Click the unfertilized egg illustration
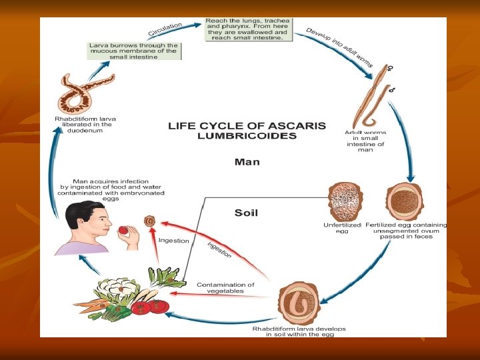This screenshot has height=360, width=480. click(345, 201)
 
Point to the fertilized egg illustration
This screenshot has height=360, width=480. click(405, 201)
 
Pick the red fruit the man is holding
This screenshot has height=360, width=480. click(123, 231)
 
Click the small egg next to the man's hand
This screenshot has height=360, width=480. click(151, 221)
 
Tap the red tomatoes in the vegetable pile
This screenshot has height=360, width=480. click(151, 307)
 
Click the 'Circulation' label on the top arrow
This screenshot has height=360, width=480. click(165, 30)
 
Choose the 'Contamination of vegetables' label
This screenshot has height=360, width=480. click(225, 288)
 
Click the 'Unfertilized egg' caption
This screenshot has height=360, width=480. click(341, 229)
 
